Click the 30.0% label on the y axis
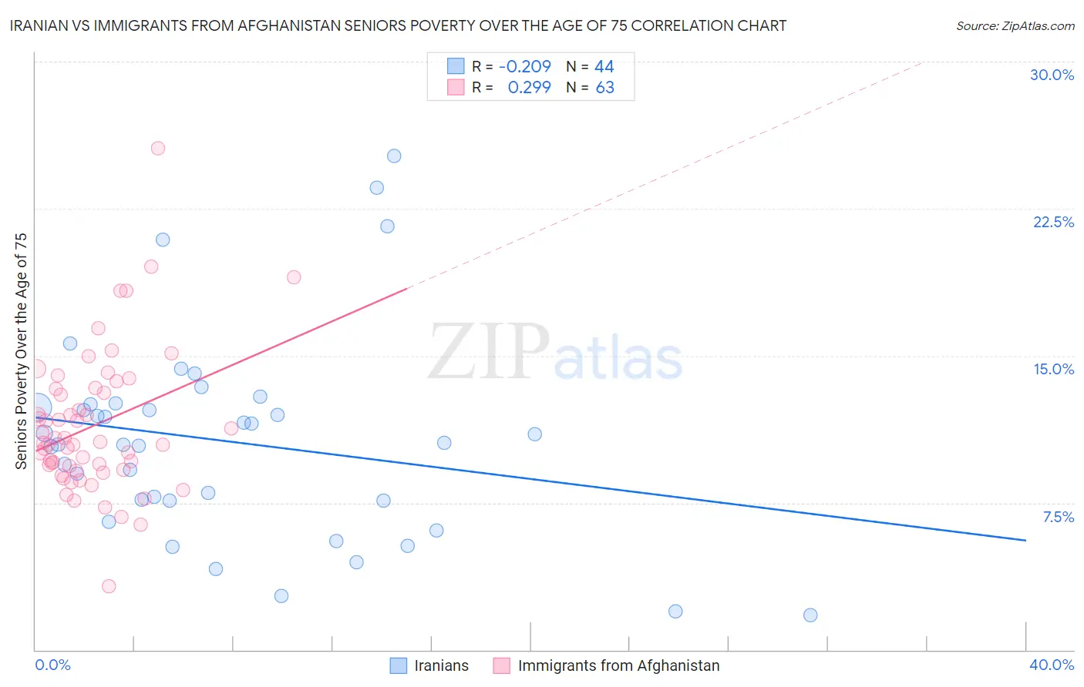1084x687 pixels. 1052,75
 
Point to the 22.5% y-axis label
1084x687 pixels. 1053,222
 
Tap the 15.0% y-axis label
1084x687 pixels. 1053,369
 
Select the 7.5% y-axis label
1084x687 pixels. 1058,517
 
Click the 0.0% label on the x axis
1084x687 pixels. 52,665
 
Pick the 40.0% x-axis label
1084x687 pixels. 1051,665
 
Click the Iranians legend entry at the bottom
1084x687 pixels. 441,665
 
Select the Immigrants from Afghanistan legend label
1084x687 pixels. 618,665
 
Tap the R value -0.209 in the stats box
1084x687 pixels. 524,66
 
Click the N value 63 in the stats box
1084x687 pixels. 604,88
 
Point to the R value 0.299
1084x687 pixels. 529,88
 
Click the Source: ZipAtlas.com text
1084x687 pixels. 1015,26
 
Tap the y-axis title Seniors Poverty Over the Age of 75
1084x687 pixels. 21,350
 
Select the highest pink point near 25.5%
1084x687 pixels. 158,148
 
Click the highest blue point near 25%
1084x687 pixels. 394,156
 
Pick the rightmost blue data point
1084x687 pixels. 810,615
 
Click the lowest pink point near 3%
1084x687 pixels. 109,586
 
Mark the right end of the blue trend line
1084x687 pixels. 1025,541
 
